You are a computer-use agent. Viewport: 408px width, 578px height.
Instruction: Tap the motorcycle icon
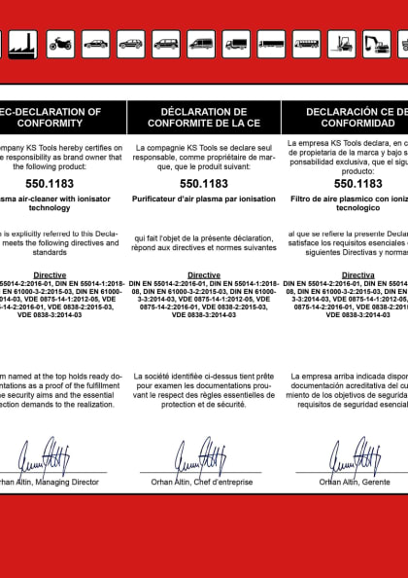click(60, 43)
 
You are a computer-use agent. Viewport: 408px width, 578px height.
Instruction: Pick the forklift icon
click(341, 43)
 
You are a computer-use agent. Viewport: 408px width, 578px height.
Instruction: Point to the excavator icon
click(376, 43)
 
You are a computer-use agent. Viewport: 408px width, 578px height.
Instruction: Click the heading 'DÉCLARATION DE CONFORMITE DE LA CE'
click(203, 118)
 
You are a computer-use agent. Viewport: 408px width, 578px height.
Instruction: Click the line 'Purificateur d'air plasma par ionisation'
click(203, 199)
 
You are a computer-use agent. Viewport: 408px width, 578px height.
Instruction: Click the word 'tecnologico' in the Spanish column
click(358, 208)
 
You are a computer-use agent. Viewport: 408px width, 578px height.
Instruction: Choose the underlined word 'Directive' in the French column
click(203, 275)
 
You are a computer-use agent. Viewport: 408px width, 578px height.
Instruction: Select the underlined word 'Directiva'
click(358, 275)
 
